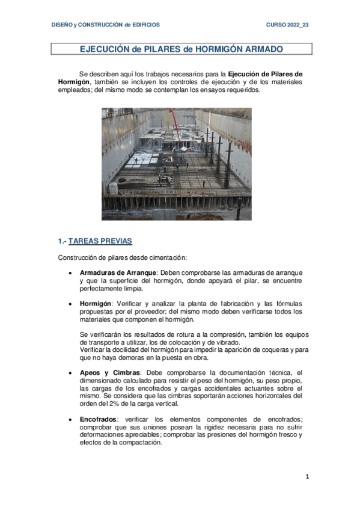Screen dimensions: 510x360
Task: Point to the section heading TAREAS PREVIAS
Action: (100, 241)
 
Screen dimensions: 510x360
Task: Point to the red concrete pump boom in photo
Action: (180, 127)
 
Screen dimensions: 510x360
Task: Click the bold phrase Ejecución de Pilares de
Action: (266, 74)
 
